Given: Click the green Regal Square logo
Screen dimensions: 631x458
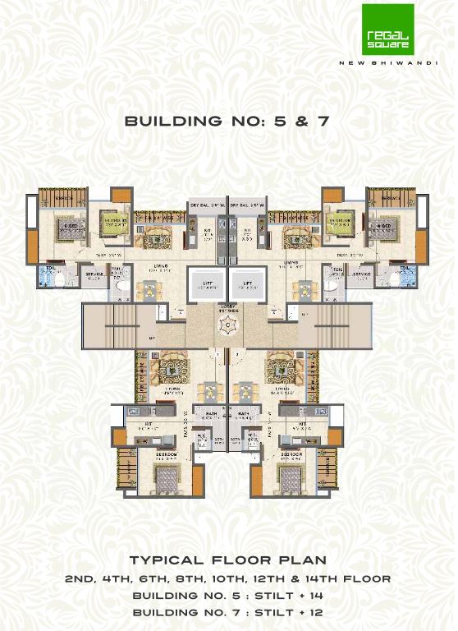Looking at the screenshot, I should [388, 30].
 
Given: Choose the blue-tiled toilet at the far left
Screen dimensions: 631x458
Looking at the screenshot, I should [48, 278].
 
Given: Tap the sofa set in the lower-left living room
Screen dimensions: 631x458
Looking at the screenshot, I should [172, 364].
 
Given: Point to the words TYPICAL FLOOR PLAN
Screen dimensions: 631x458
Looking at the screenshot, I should [227, 562].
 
